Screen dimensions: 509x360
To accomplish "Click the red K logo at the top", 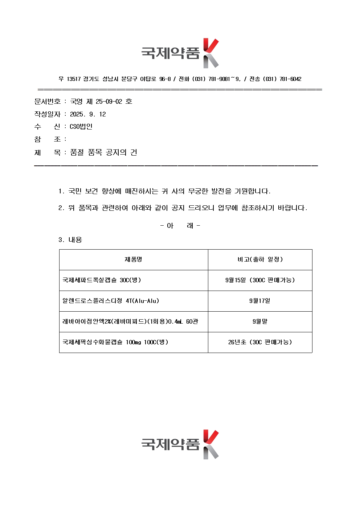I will coord(210,53).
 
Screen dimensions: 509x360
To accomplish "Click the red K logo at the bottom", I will coord(210,444).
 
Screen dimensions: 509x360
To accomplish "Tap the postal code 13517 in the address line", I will coord(74,79).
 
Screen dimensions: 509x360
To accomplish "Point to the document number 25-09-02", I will coord(109,102).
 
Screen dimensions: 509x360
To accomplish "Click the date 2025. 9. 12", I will coord(88,114).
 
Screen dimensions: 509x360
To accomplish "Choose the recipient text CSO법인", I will coord(81,127).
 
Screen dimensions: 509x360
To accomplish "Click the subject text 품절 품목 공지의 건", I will coord(103,153).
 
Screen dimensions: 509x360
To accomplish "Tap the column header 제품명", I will coord(133,259).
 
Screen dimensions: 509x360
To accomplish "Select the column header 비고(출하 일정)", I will coord(260,259).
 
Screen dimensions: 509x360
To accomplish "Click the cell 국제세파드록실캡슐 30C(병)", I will coord(102,280).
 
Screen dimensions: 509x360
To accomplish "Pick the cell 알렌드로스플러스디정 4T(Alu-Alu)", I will coord(111,301).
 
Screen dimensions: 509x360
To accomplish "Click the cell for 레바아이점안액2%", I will coord(130,321).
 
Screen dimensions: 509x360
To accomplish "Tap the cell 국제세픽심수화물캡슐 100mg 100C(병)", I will coord(115,342).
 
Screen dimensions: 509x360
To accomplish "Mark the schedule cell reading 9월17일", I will coord(260,301).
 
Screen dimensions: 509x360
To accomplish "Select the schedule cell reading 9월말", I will coord(260,321).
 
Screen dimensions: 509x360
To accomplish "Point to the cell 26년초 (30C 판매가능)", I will coord(260,342).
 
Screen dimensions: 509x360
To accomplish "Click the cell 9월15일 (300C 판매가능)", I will coord(260,280).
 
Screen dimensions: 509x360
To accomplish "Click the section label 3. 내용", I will coord(70,240).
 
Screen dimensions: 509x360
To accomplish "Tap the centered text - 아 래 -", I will coord(180,226).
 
